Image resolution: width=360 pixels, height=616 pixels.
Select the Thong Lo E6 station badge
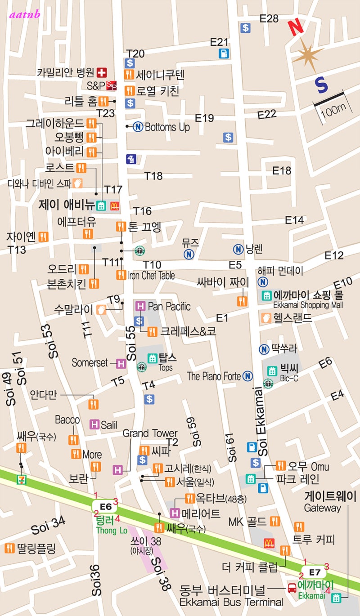point(105,507)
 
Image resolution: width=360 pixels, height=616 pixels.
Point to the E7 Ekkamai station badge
point(315,572)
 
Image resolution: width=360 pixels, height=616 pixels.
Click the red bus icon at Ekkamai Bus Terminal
point(292,587)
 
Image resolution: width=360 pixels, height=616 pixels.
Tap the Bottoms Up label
point(167,127)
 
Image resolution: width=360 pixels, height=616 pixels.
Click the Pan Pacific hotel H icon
point(140,306)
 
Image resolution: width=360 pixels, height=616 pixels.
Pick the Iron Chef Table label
point(151,275)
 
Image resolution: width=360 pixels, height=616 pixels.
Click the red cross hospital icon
point(103,71)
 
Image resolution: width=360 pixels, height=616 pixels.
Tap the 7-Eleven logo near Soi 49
point(21,479)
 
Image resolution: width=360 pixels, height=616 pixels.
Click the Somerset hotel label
point(90,362)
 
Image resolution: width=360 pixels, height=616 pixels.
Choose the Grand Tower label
point(150,433)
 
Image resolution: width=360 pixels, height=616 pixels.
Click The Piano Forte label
point(214,376)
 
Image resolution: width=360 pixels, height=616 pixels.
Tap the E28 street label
point(270,18)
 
